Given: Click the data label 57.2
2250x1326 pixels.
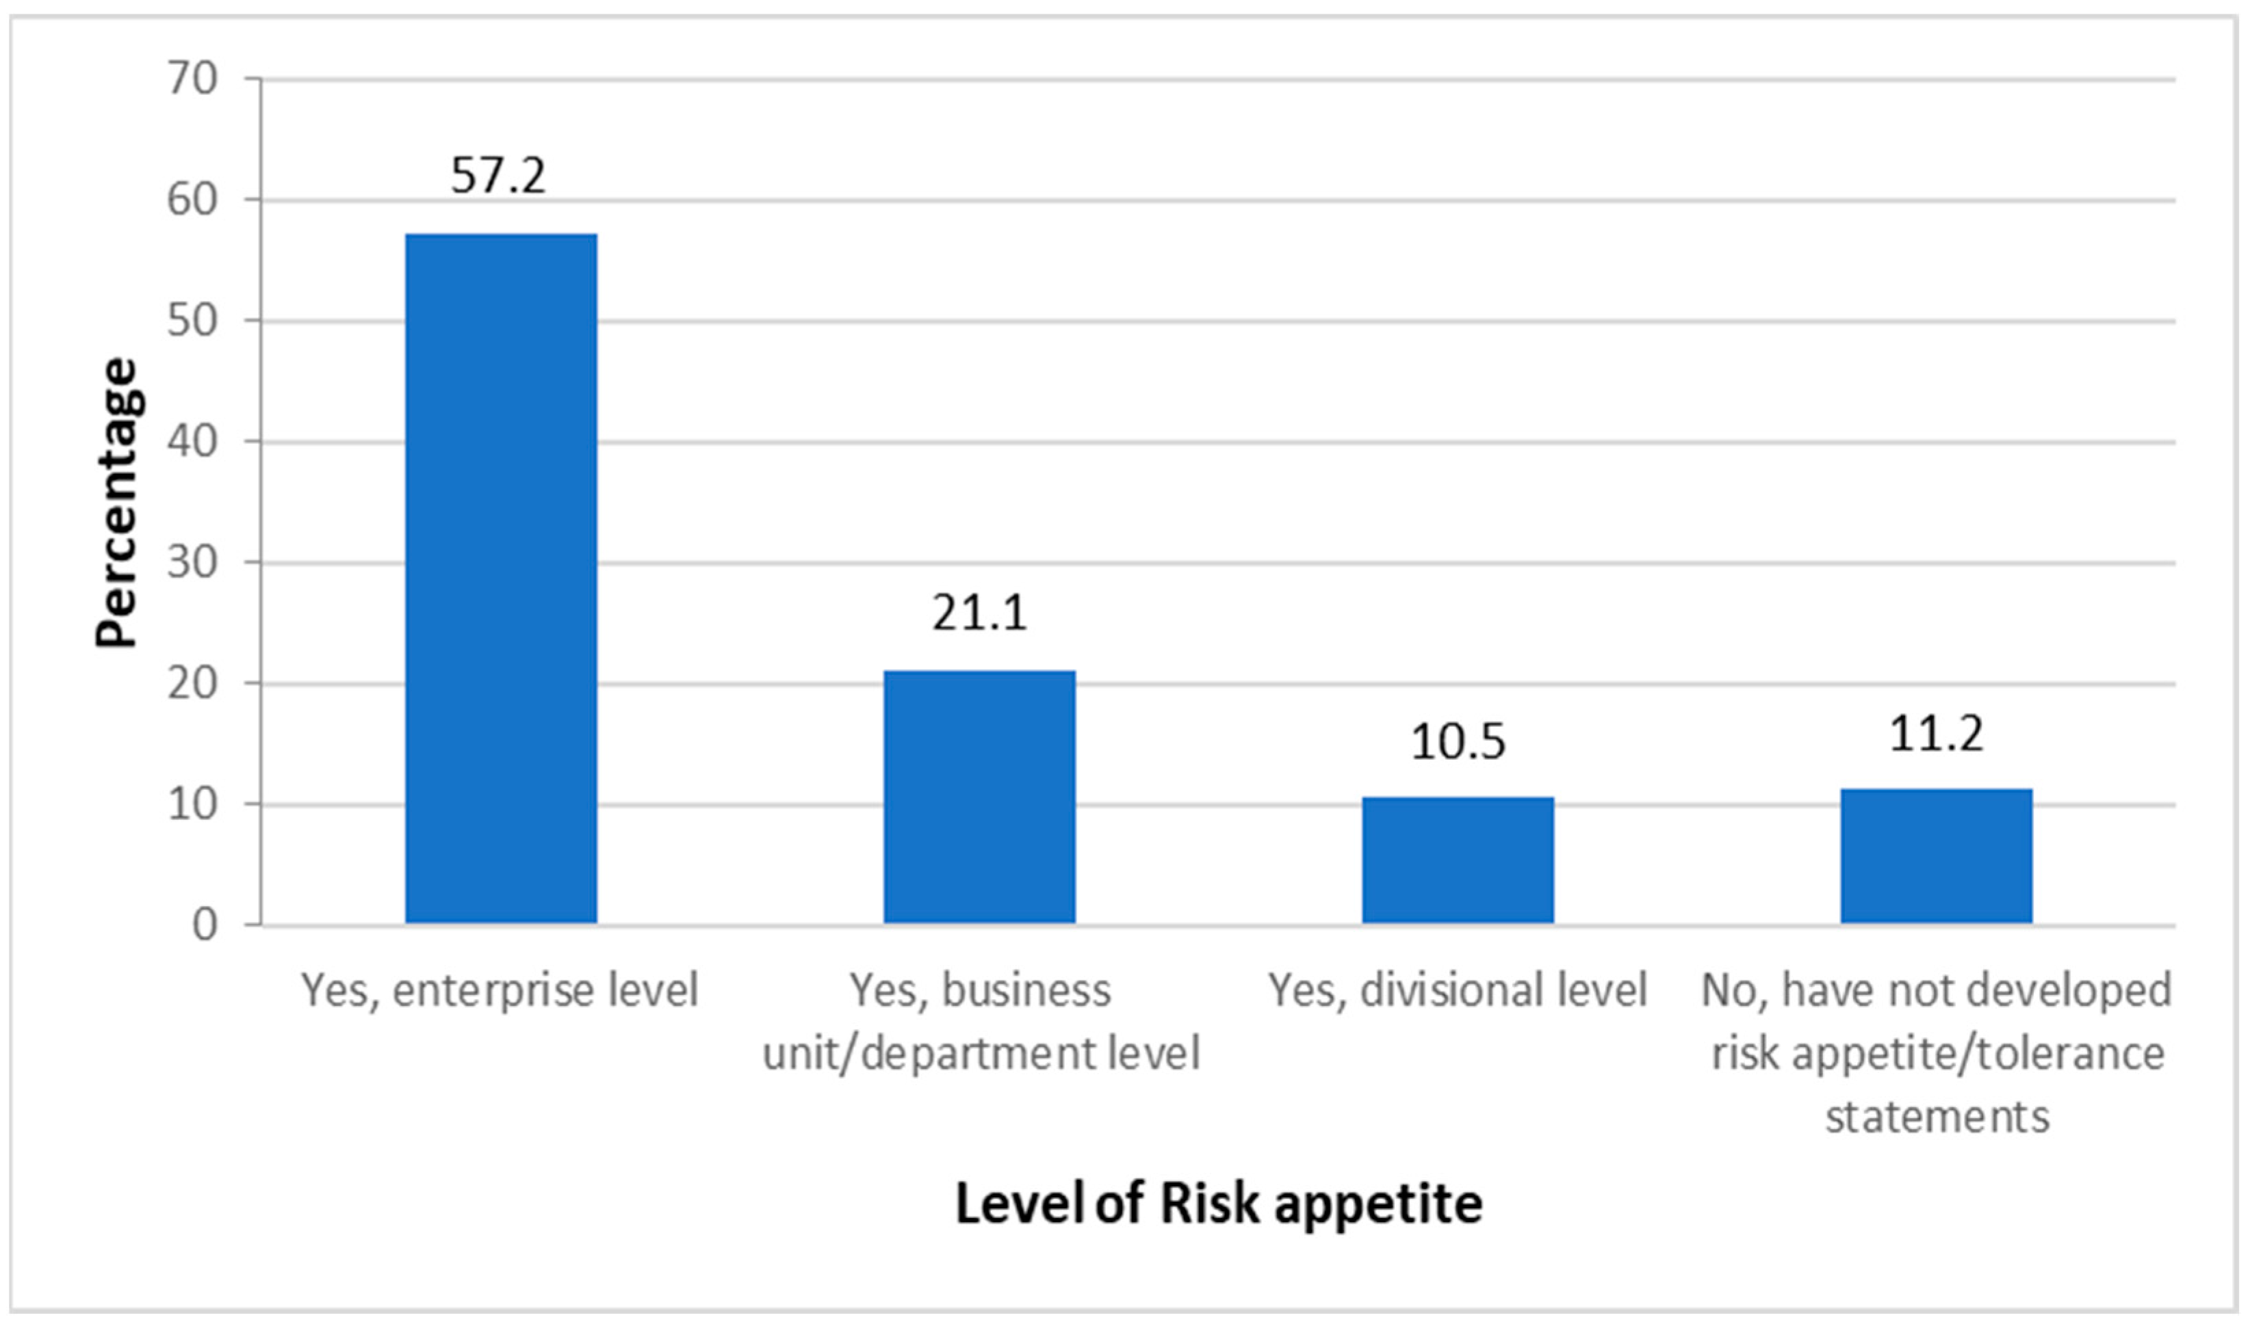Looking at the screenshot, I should pyautogui.click(x=498, y=174).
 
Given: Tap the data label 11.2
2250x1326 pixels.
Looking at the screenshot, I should pyautogui.click(x=1936, y=734).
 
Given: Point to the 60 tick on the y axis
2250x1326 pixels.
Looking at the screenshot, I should pyautogui.click(x=192, y=200).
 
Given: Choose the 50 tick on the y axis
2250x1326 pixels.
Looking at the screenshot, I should pyautogui.click(x=192, y=321).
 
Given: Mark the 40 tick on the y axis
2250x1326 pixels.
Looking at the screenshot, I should pyautogui.click(x=192, y=441).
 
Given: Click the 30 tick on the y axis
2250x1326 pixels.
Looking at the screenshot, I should pyautogui.click(x=192, y=563).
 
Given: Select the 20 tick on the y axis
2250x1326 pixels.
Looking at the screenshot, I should pyautogui.click(x=192, y=684).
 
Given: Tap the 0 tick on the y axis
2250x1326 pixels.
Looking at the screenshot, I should pyautogui.click(x=205, y=925).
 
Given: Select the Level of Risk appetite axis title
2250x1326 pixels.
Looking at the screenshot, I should pyautogui.click(x=1219, y=1204).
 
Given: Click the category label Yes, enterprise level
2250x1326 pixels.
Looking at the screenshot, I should pyautogui.click(x=499, y=991).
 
